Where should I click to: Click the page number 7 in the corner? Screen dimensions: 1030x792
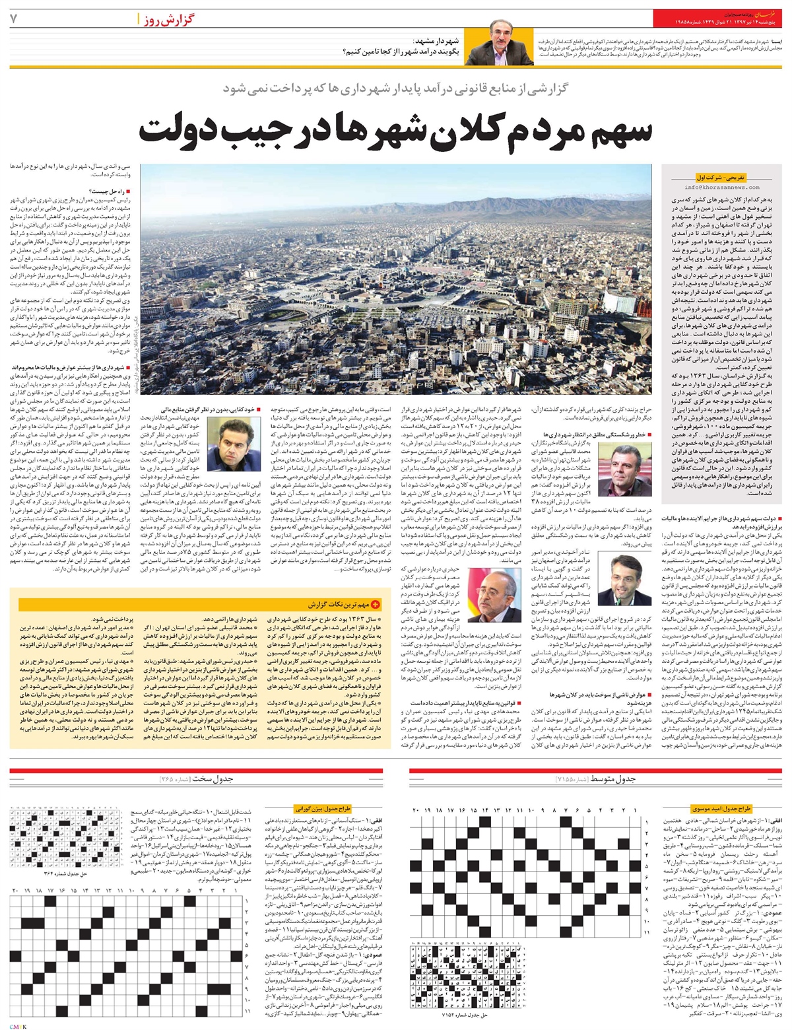tap(13, 18)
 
